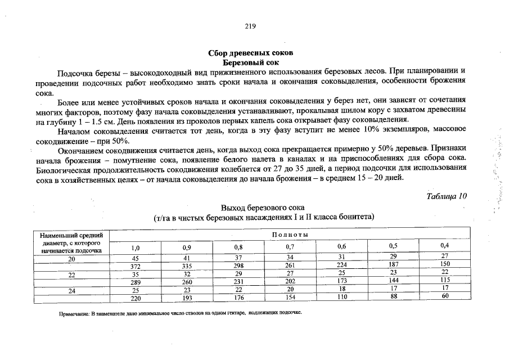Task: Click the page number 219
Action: coord(250,26)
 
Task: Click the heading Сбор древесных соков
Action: coord(250,53)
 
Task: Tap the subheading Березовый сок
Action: coord(250,62)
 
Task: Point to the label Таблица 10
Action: coord(447,196)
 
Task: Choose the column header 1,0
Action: coord(135,247)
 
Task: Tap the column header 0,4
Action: coord(444,245)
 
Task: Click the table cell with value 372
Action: coord(135,266)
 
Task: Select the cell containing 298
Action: coord(238,265)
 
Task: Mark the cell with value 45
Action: coord(135,258)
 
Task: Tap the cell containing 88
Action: coord(393,297)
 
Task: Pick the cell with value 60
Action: coord(444,296)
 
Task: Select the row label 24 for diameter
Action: coord(71,290)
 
